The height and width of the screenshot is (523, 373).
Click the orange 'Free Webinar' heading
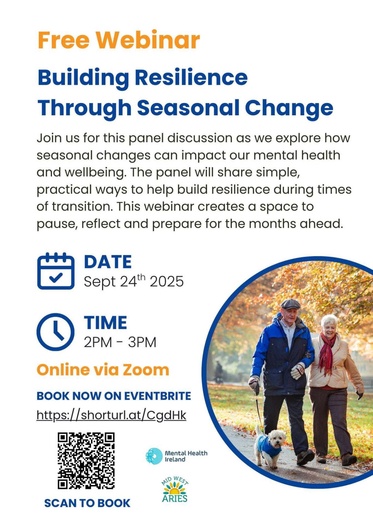pos(119,40)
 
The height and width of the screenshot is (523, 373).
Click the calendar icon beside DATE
pos(56,271)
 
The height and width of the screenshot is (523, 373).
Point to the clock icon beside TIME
pos(56,332)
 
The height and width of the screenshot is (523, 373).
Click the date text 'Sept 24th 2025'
pos(134,281)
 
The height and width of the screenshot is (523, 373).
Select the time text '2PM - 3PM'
pos(120,342)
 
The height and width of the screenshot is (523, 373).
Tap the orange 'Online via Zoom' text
pos(103,370)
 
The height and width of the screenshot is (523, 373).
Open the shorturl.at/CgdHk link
pos(111,415)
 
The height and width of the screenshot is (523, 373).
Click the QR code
pos(86,461)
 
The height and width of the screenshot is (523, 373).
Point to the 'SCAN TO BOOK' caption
pos(87,503)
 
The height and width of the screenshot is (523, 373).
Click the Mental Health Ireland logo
pos(176,456)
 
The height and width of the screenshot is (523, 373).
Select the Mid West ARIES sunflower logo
pos(175,489)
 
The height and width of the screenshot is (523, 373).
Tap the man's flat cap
pos(290,304)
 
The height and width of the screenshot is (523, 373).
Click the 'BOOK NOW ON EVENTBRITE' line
pos(114,396)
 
